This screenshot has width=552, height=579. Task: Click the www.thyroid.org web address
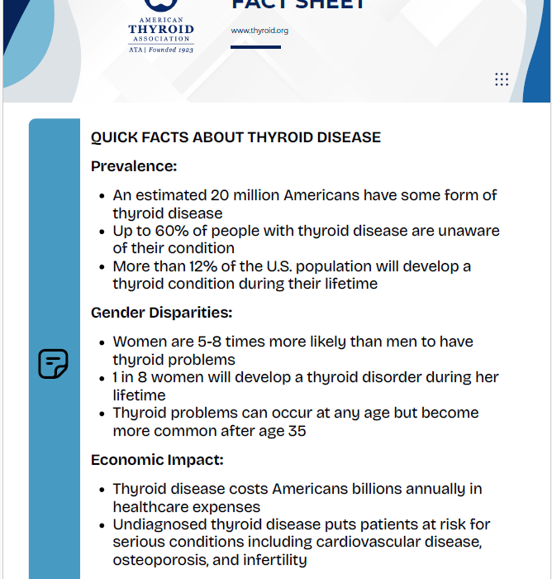(x=259, y=31)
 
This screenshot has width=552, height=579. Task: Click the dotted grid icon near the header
(x=502, y=79)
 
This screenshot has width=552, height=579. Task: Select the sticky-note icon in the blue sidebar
(x=53, y=364)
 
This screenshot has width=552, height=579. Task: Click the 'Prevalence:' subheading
(x=134, y=166)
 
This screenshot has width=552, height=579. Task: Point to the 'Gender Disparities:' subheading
(x=161, y=313)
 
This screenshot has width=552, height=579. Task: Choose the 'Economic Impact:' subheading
(x=157, y=460)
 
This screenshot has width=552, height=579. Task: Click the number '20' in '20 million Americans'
(x=220, y=196)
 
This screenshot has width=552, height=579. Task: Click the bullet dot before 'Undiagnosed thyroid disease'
(x=102, y=524)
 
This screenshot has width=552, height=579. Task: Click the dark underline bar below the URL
(x=255, y=47)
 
